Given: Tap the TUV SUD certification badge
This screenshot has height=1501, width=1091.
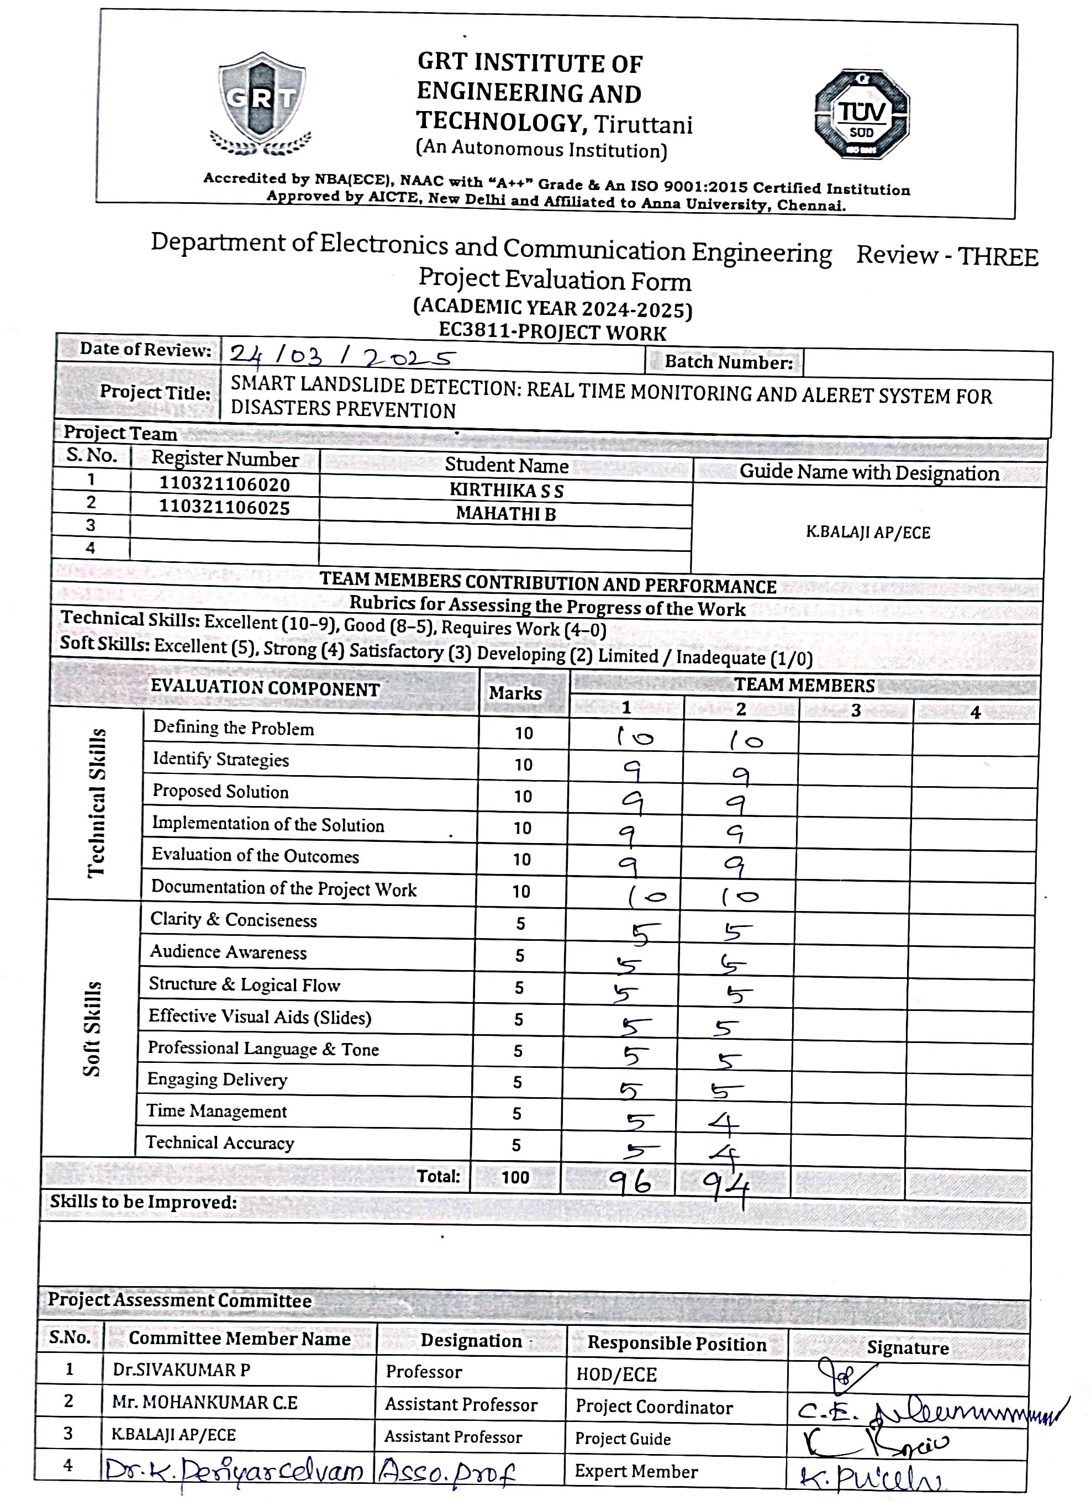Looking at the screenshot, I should [861, 114].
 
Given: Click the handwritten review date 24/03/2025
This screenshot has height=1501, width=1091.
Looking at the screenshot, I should [342, 357].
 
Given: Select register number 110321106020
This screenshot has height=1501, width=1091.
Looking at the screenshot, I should [224, 484].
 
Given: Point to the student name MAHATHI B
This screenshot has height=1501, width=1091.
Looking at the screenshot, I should [506, 514].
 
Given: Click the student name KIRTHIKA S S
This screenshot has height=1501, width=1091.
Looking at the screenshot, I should [507, 491].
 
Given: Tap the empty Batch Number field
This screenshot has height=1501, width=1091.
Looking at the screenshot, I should [926, 364].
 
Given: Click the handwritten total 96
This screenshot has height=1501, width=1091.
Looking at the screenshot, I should [630, 1181].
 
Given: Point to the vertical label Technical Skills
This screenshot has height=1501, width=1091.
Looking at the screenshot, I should [97, 803].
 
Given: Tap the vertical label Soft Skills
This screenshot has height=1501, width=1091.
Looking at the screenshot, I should [92, 1029].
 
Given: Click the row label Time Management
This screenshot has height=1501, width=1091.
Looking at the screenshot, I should [217, 1111].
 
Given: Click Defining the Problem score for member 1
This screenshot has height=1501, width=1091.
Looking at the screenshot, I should [635, 736].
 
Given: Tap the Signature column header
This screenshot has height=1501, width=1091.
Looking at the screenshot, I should [908, 1347].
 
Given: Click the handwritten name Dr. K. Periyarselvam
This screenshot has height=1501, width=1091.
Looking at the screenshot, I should [235, 1471].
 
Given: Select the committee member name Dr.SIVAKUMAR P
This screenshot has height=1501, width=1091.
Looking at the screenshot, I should [181, 1370].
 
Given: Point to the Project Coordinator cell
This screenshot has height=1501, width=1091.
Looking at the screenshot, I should [653, 1408].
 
